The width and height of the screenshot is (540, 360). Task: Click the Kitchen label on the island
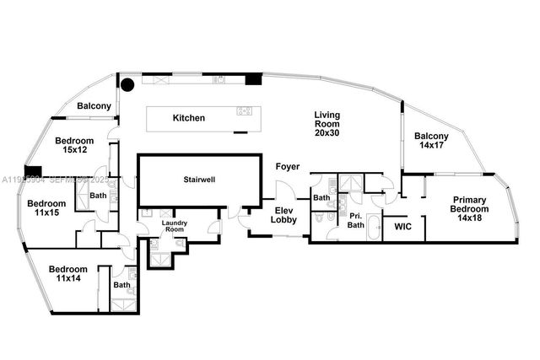point(189,118)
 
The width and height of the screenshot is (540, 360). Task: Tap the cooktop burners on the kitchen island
point(245,110)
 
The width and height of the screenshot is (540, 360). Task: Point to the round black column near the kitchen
point(127,84)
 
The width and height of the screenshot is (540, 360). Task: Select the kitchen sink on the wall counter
point(219,81)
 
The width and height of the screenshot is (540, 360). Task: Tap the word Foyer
point(288,167)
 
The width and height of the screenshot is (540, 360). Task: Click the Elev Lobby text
point(283,214)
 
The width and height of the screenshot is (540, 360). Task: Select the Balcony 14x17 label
point(431,141)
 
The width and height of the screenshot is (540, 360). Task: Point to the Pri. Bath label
point(356,221)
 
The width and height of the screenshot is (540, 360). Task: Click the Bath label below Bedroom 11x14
point(122,285)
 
